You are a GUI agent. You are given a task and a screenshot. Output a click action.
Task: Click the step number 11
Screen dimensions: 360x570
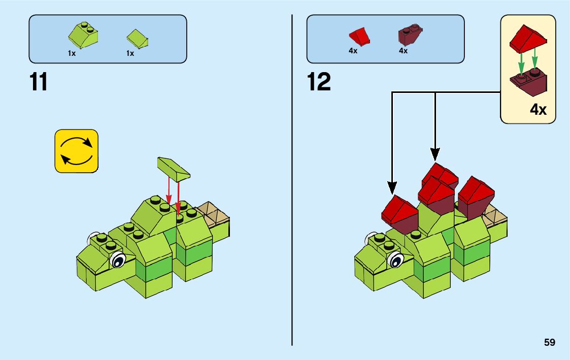39,82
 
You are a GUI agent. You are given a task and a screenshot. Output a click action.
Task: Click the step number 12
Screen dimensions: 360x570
319,82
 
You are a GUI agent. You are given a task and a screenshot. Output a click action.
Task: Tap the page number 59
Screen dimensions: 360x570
550,343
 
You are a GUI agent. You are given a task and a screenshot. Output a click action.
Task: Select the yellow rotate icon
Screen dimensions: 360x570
76,151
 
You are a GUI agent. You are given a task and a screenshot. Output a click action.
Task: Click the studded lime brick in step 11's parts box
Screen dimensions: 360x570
83,36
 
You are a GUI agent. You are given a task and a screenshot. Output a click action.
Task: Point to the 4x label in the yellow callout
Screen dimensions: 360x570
538,110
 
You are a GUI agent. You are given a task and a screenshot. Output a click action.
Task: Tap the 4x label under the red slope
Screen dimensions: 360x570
353,51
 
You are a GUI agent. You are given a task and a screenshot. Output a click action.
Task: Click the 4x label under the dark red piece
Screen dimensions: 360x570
404,51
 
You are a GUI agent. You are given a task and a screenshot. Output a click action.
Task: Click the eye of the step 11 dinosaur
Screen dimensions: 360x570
118,260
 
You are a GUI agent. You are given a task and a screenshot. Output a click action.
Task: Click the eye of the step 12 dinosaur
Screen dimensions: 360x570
395,260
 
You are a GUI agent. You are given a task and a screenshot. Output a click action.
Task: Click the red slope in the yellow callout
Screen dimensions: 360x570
528,40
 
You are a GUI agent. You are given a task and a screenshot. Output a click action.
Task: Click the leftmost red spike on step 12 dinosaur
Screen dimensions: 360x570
399,211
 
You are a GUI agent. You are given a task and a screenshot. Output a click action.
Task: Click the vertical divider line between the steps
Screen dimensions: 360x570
292,203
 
